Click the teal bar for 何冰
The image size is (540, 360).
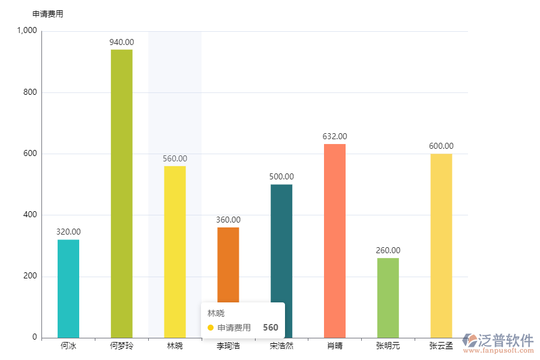point(68,288)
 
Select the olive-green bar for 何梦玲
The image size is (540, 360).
point(122,193)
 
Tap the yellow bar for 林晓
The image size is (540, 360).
point(175,251)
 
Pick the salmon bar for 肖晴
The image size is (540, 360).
point(335,240)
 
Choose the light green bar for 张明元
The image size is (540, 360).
point(388,298)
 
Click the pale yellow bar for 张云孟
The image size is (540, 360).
point(441,245)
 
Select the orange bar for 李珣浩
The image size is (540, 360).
point(228,264)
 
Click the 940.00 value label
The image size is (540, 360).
point(122,42)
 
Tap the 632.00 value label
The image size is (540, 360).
point(335,136)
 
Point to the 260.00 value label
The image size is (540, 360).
point(388,250)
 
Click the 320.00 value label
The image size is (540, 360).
point(68,232)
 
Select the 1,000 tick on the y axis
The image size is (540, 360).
point(27,31)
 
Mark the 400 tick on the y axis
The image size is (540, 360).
point(30,215)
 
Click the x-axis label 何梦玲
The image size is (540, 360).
point(122,346)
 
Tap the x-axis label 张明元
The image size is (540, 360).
point(388,346)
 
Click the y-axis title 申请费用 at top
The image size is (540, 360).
point(47,14)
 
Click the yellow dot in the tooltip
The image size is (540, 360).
point(210,328)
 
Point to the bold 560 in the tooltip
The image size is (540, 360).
point(271,328)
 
